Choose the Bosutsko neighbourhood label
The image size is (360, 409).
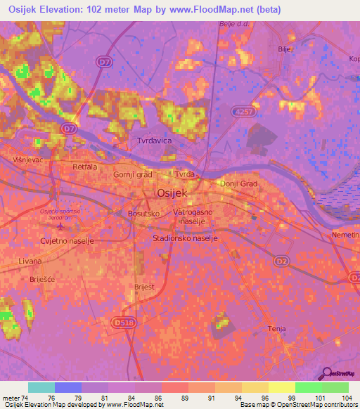click(143, 212)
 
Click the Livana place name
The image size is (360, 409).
click(30, 261)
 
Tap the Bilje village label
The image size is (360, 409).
click(285, 49)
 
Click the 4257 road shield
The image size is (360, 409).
click(243, 111)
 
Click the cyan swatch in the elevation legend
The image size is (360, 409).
click(41, 387)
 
